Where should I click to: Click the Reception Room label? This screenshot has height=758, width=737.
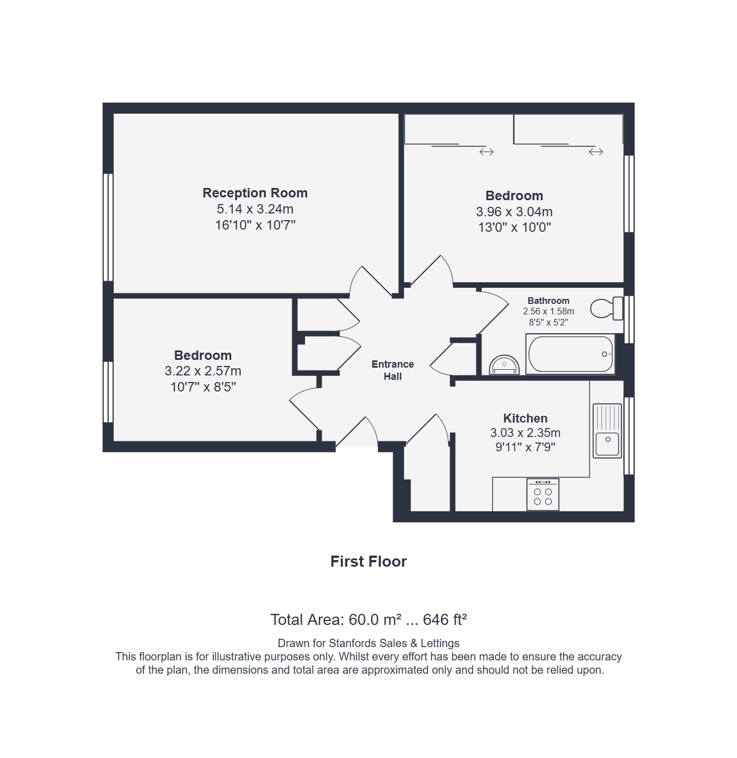tap(255, 193)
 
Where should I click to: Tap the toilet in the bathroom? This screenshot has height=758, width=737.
tap(607, 308)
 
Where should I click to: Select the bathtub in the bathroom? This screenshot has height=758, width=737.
tap(570, 354)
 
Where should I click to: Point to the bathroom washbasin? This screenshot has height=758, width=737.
tap(504, 365)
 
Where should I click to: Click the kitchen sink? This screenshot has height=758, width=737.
tap(607, 430)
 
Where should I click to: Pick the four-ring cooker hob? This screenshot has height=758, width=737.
tap(542, 494)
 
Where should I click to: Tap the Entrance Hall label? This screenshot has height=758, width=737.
tap(392, 370)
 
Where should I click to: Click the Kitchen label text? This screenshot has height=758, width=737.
tap(525, 418)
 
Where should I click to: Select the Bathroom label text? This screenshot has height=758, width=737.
tap(548, 301)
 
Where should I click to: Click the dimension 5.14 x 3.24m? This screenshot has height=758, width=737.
tap(255, 209)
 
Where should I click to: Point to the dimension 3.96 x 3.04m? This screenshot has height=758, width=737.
tap(514, 211)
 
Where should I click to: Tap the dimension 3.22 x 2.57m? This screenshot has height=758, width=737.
tap(202, 371)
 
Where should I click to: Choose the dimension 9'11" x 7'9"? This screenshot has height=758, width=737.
tap(525, 447)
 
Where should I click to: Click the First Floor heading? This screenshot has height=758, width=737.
tap(368, 561)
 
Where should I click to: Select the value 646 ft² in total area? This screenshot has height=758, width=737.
tap(445, 619)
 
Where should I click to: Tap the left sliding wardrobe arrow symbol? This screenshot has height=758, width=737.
tap(486, 151)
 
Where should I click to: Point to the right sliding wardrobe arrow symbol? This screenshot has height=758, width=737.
tap(596, 151)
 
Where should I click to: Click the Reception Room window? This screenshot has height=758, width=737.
tap(108, 227)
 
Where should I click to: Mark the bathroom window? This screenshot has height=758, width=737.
tap(629, 319)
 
